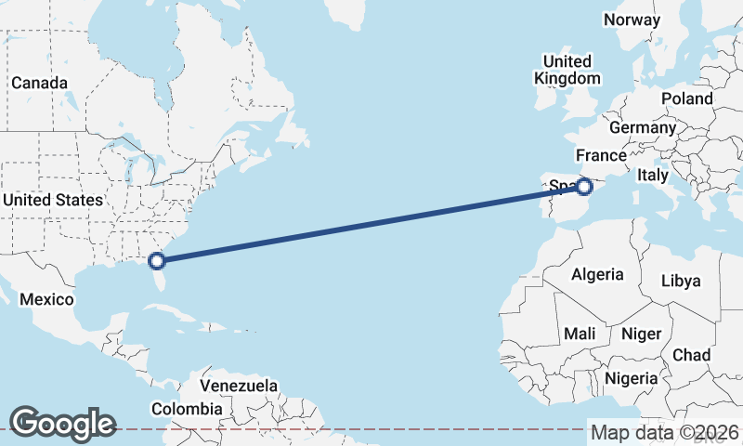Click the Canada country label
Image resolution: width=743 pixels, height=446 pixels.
point(39,83)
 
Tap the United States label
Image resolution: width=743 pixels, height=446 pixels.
point(52,200)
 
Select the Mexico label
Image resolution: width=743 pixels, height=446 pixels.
point(46,299)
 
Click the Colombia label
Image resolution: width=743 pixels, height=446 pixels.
point(187,409)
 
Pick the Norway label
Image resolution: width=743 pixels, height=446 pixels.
point(632,20)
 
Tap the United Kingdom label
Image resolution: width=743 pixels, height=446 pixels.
point(567,70)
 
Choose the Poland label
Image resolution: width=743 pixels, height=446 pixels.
point(686,98)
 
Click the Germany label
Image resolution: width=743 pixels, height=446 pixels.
point(643,127)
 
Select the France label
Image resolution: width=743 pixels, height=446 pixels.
point(601,154)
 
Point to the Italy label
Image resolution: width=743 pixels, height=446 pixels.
point(653,175)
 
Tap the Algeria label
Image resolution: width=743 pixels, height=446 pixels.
point(596,274)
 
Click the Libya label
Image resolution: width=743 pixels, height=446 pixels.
point(680,280)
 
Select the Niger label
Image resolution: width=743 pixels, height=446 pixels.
point(641,334)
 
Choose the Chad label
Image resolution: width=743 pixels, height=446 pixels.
point(691,355)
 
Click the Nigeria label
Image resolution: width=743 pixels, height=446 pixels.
point(631,378)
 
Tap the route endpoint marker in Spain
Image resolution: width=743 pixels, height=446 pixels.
point(584,187)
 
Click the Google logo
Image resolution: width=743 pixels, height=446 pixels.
point(62,424)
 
